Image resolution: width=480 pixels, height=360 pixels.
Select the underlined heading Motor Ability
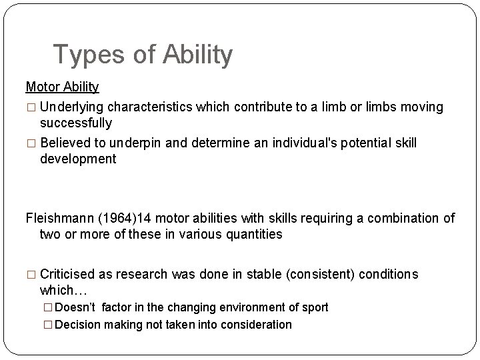pyautogui.click(x=62, y=87)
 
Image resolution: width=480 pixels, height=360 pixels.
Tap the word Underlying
pyautogui.click(x=71, y=107)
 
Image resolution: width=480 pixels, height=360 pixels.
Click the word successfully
pyautogui.click(x=76, y=123)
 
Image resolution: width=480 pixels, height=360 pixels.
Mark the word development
pyautogui.click(x=78, y=159)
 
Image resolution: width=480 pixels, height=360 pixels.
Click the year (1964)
pyautogui.click(x=117, y=217)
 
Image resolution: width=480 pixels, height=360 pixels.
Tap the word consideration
pyautogui.click(x=257, y=325)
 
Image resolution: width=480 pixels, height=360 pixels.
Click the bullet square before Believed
pyautogui.click(x=31, y=144)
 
